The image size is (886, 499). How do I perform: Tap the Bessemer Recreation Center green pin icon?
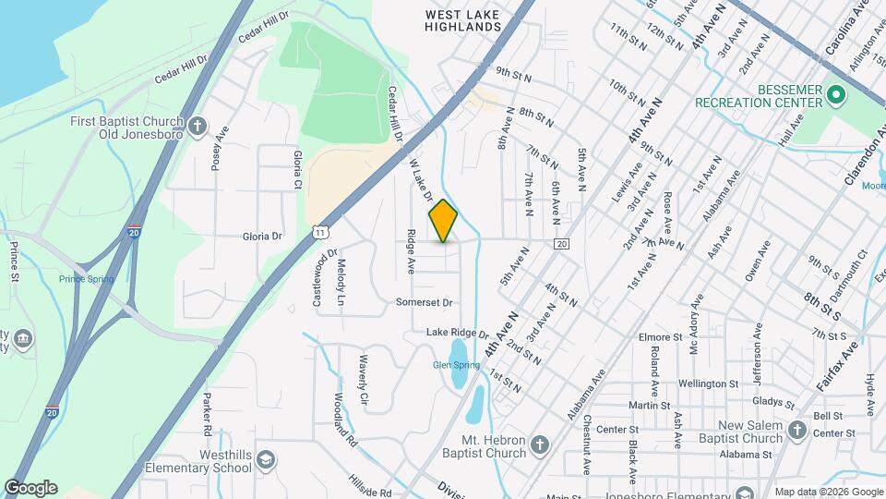[x=836, y=94]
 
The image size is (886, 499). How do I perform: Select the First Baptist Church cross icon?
[x=198, y=127]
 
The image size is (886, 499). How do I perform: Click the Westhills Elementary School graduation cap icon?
[x=265, y=460]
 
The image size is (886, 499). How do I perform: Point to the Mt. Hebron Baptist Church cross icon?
[x=540, y=447]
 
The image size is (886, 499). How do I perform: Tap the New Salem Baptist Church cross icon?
[x=796, y=430]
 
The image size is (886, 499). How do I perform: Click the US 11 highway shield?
[x=319, y=229]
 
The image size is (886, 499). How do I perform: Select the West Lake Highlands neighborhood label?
[x=463, y=20]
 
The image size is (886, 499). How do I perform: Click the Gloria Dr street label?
[x=262, y=237]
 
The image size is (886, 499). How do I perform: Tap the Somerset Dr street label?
[x=425, y=302]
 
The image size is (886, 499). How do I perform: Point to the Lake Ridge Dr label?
[x=457, y=333]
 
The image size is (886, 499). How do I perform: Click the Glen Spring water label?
[x=456, y=365]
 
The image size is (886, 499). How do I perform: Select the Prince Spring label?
[x=86, y=279]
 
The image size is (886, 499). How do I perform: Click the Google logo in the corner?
[x=30, y=488]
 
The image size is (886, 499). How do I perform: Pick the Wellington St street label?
[x=709, y=383]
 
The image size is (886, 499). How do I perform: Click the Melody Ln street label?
[x=341, y=283]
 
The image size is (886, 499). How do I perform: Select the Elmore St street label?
[x=659, y=337]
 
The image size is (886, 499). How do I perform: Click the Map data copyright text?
[x=829, y=492]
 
